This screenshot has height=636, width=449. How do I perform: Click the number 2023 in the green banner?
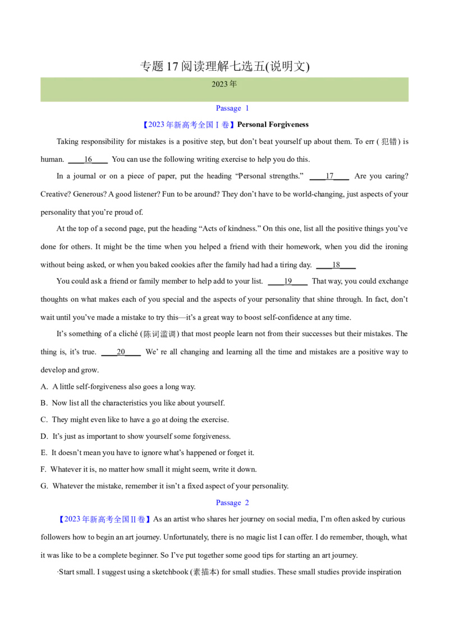219,84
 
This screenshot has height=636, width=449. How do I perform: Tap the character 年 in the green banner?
233,84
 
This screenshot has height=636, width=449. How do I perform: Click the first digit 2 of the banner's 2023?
214,84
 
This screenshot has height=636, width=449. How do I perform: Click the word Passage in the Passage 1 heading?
228,108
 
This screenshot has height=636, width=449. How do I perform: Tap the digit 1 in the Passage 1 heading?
248,108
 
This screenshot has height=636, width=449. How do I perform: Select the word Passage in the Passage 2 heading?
228,503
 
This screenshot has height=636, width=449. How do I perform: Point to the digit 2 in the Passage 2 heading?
248,503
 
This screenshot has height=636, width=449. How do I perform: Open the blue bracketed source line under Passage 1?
189,125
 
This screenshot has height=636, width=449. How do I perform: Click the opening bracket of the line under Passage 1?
145,125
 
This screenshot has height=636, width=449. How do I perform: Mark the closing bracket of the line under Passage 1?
232,125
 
